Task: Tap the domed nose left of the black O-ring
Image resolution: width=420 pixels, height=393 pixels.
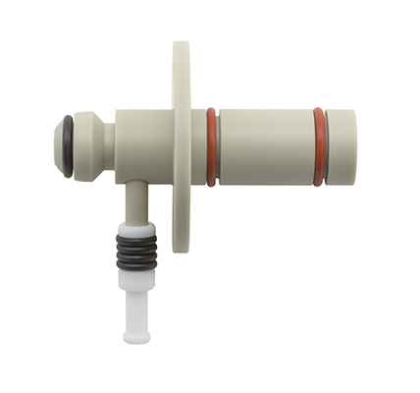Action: (58, 146)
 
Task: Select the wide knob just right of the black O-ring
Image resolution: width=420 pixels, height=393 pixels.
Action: (85, 146)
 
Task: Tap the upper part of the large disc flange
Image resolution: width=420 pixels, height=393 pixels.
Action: (181, 74)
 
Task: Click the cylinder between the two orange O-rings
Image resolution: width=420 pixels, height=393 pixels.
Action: (265, 147)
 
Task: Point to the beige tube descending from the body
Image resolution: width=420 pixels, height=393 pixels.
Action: (132, 201)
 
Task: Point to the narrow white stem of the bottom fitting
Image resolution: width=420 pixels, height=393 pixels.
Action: (134, 309)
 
